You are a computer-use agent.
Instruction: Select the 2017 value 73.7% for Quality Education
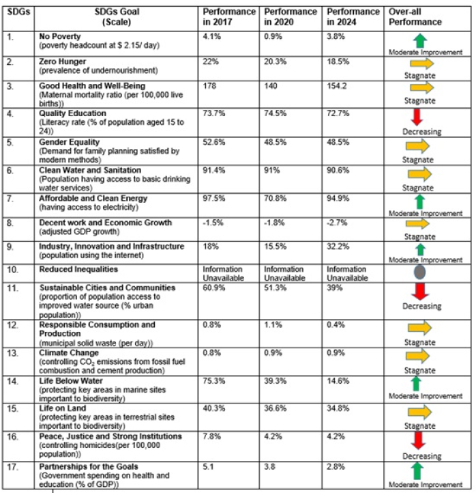(x=213, y=113)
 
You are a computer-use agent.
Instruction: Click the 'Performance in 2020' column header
(x=291, y=17)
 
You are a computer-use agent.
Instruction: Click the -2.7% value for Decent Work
(x=338, y=223)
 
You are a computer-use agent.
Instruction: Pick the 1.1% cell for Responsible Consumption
(x=273, y=326)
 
